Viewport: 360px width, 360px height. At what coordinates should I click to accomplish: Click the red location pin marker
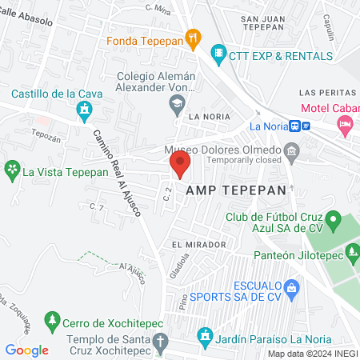(179, 166)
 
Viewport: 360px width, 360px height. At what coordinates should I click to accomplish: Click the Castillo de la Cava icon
(83, 109)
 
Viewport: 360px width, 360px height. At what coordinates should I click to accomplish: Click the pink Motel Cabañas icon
(345, 123)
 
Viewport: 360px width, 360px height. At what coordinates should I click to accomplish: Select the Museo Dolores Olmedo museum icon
(292, 150)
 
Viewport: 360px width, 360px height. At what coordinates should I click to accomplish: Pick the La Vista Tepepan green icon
(12, 170)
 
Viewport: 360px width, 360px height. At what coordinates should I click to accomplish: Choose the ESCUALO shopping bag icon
(292, 286)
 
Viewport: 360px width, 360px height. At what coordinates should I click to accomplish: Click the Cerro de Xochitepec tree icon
(52, 321)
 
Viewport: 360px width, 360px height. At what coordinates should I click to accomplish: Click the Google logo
(26, 350)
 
